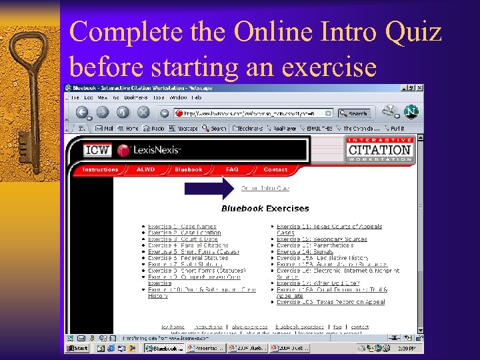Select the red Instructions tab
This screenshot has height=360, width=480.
[x=100, y=170]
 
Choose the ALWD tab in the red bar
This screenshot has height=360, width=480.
[x=145, y=170]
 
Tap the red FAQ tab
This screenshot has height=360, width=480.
[x=232, y=170]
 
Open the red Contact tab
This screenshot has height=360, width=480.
[x=275, y=170]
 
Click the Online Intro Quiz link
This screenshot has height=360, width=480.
[x=265, y=188]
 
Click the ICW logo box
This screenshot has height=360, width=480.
[x=97, y=150]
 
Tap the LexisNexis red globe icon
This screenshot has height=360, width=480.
[x=124, y=150]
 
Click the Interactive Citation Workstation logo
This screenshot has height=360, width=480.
[x=380, y=150]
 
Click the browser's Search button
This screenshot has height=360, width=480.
[x=354, y=113]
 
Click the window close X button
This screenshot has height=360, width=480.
[x=419, y=88]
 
